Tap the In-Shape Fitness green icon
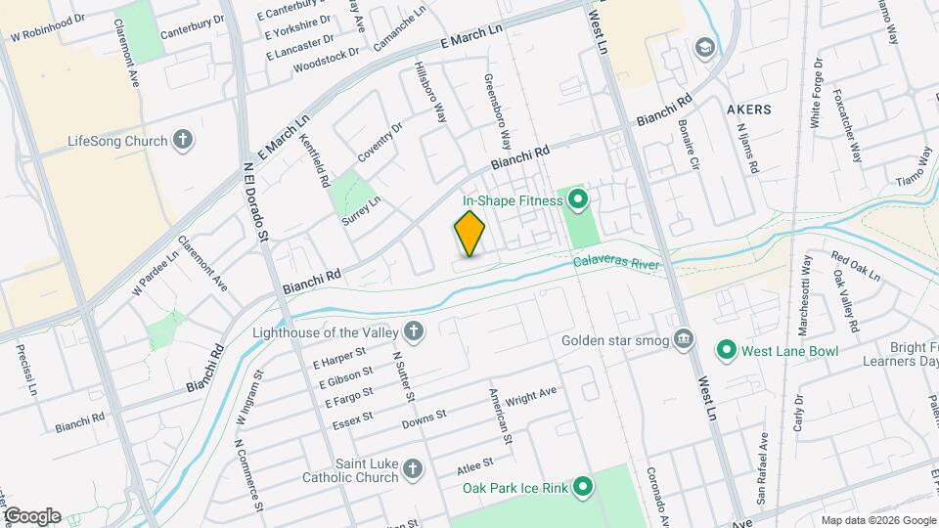click(577, 201)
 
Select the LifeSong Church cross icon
click(181, 141)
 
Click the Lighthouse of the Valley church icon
click(414, 331)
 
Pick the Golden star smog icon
click(685, 340)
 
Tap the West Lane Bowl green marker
click(726, 349)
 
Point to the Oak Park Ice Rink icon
click(583, 485)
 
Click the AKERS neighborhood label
click(749, 109)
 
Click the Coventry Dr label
click(380, 144)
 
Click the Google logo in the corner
click(31, 516)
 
